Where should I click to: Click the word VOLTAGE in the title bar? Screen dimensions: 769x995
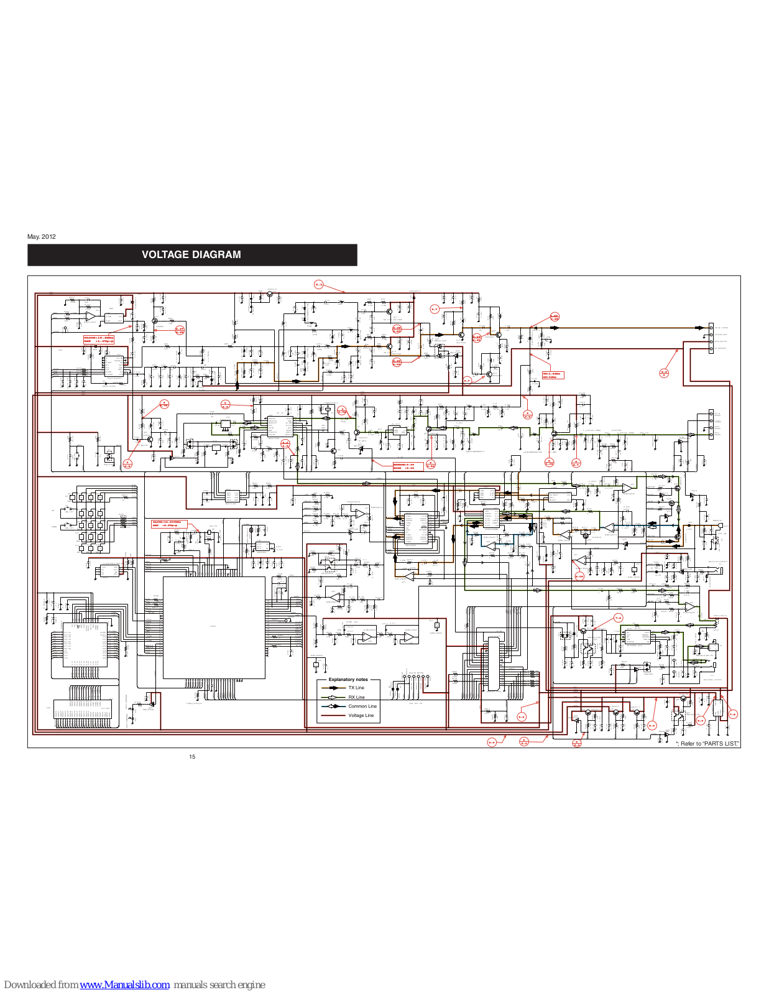165,255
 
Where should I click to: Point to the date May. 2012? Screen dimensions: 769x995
42,237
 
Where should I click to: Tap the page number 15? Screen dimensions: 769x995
192,757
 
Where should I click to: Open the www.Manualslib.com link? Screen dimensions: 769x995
124,985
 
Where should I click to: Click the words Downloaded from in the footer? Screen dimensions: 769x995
41,985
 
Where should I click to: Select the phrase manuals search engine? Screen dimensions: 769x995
219,985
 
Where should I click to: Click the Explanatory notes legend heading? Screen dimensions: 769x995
348,680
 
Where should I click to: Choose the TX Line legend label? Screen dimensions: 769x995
356,688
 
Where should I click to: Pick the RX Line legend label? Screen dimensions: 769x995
356,697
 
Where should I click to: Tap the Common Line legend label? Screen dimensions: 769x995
362,706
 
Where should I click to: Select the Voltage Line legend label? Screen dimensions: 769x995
361,716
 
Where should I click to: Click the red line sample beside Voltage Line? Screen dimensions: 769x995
333,716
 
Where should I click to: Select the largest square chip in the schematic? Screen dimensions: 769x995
214,627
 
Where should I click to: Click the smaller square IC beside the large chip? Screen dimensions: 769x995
85,645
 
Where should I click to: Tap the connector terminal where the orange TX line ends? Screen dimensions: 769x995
711,328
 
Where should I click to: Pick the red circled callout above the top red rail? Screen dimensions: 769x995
319,285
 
